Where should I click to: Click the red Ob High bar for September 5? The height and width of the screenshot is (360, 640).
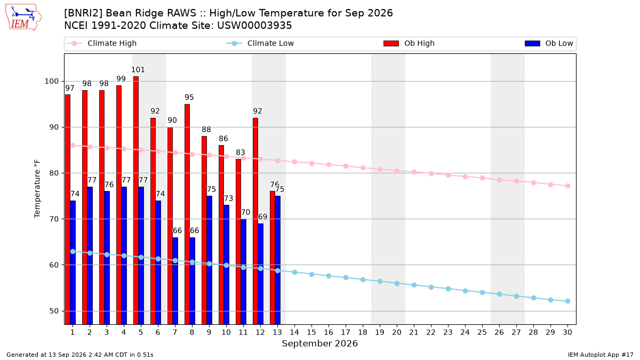135,201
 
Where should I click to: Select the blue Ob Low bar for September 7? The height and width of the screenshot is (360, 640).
175,281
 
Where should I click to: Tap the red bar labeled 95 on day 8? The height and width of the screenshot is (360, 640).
187,214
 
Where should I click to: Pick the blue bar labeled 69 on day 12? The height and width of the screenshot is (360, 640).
261,274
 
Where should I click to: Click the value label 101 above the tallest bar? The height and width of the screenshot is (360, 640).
138,70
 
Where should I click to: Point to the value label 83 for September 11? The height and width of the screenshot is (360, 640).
241,153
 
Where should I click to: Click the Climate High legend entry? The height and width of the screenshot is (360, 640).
102,43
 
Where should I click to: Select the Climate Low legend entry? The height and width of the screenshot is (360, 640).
260,43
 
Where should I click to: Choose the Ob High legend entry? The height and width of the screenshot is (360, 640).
409,43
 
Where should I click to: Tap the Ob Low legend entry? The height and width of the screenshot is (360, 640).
549,43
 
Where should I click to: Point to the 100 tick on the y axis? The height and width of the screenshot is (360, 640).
51,82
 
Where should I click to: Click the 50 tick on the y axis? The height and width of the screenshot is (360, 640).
54,311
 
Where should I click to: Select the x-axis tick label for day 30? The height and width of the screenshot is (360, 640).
567,332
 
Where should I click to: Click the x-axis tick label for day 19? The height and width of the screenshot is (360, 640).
380,332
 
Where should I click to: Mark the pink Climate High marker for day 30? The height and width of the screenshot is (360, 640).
567,186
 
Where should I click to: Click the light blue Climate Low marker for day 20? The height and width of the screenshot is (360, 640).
397,283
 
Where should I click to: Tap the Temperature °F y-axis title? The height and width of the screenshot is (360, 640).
37,189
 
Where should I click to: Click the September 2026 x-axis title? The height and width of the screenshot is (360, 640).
319,343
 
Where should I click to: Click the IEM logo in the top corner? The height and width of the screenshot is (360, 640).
23,18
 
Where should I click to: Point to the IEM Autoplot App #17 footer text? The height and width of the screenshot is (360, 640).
601,355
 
